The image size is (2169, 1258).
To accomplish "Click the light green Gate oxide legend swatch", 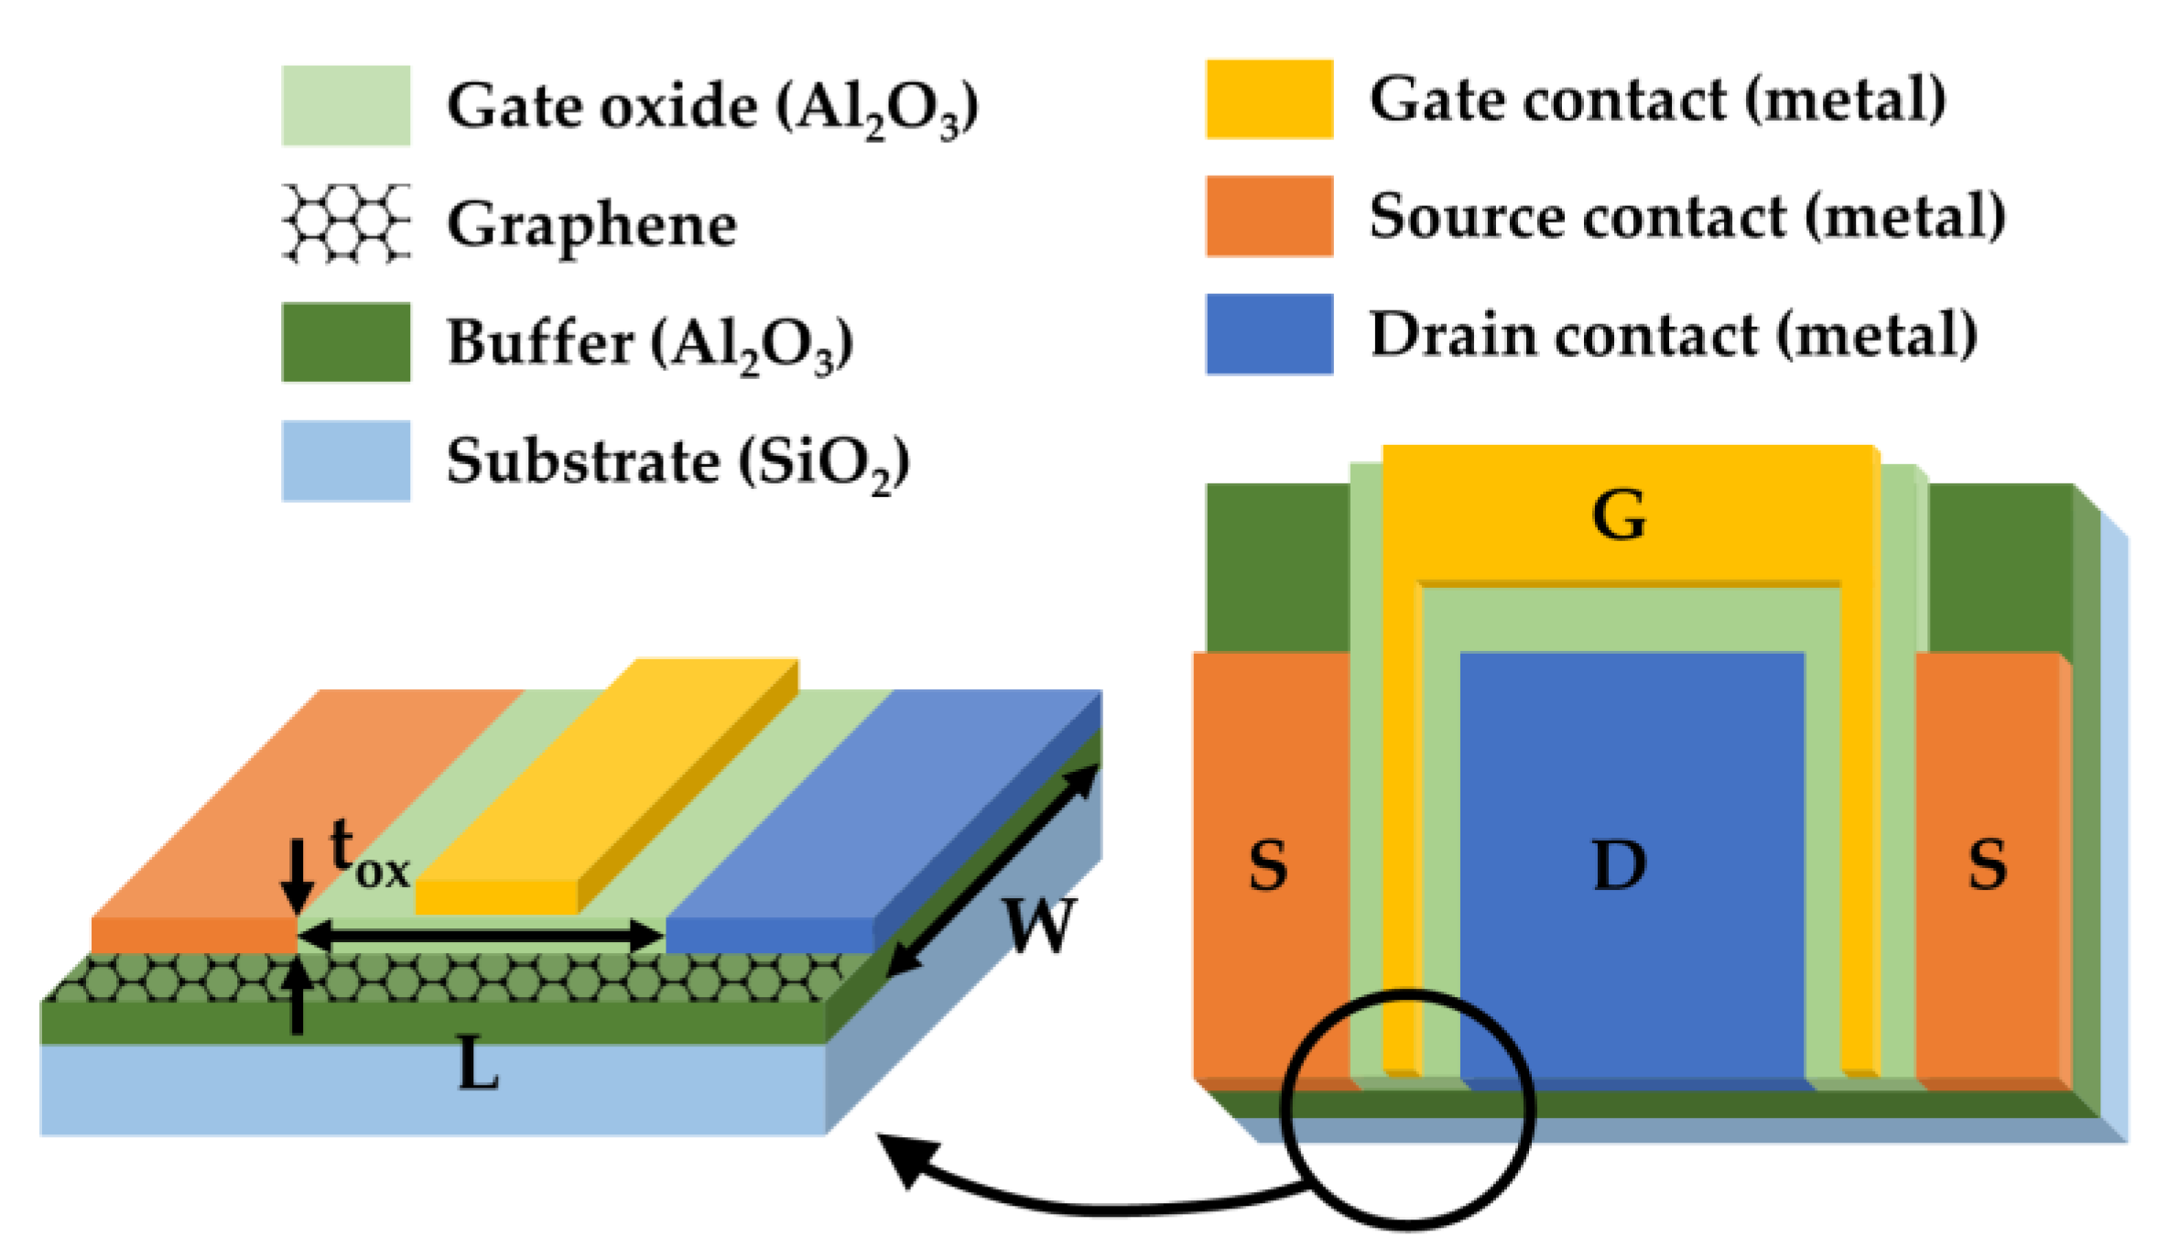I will pos(345,105).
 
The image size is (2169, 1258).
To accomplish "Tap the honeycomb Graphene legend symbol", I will pos(345,223).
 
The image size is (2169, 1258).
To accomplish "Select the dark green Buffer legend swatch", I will pos(345,342).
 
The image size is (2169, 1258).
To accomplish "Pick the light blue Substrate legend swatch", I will pos(345,461).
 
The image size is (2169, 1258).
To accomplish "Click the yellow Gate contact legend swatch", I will pos(1269,99).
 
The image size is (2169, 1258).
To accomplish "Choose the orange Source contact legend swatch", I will pos(1269,216).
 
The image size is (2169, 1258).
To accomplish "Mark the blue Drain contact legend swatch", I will pos(1269,334).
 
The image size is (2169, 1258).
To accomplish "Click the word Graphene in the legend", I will pos(591,225).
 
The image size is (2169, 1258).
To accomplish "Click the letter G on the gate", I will pos(1619,515).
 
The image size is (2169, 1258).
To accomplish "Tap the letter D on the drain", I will pos(1619,865).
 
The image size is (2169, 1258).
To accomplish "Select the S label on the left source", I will pos(1268,865).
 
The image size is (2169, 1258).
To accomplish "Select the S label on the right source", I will pos(1988,865).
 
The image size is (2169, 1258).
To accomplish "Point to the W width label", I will pos(1038,925).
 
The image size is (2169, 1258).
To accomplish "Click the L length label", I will pos(478,1065).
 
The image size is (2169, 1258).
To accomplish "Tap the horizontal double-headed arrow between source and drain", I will pos(481,936).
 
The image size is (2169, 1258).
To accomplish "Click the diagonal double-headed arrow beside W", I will pos(993,870).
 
